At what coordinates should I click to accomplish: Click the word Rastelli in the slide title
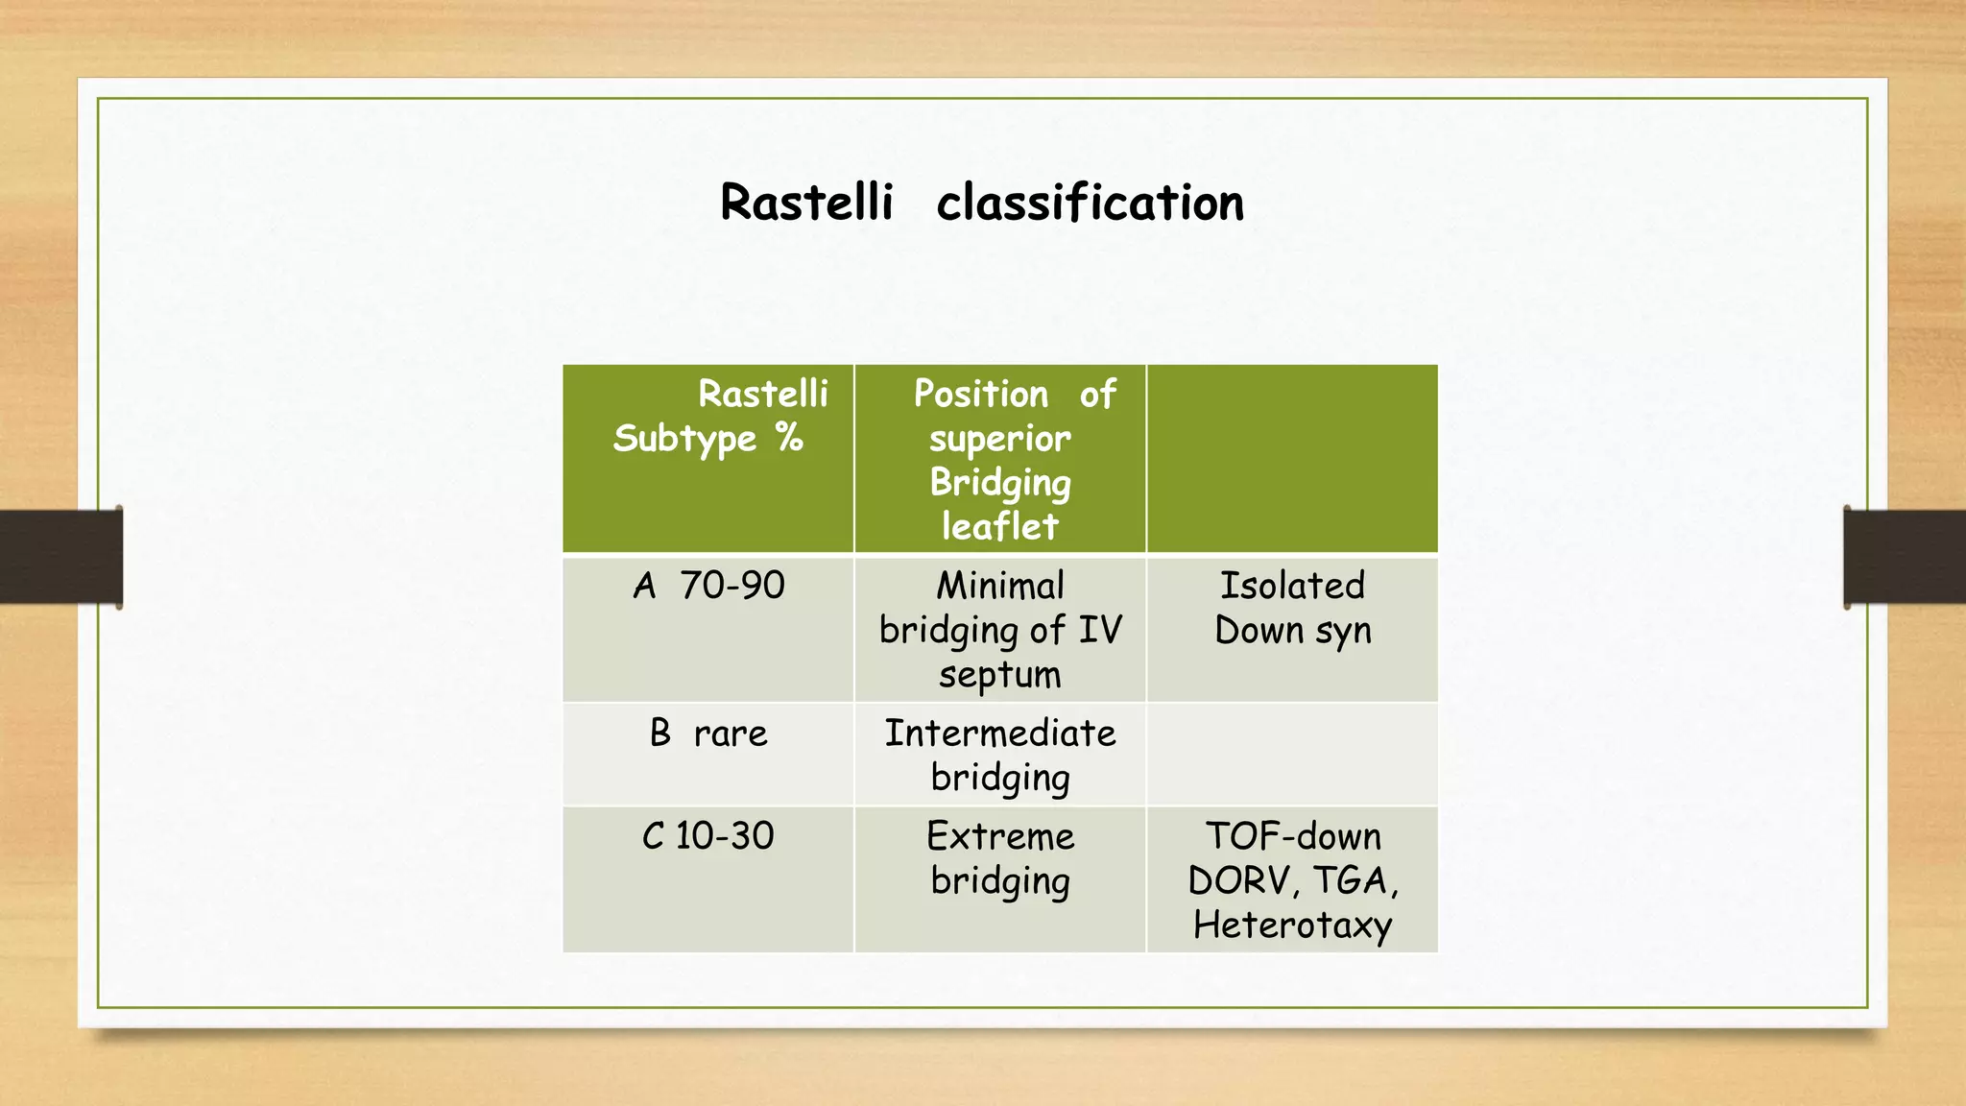[x=806, y=203]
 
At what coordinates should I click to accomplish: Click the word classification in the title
[x=1090, y=203]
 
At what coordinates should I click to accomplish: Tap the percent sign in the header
[x=790, y=438]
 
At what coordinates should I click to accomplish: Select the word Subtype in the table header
[x=685, y=439]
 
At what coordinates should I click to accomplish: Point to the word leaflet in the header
[x=999, y=526]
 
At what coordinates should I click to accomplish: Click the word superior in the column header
[x=999, y=439]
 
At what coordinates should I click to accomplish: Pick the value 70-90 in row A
[x=732, y=585]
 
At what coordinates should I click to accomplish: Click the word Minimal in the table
[x=1000, y=585]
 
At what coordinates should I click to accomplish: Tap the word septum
[x=999, y=675]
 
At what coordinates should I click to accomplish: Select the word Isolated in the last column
[x=1292, y=585]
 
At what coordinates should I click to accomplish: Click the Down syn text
[x=1292, y=631]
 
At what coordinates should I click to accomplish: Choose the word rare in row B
[x=731, y=733]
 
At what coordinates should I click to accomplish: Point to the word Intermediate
[x=999, y=733]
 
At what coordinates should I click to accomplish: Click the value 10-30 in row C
[x=725, y=836]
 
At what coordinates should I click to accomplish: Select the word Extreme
[x=999, y=836]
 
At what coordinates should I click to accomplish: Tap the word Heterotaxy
[x=1292, y=926]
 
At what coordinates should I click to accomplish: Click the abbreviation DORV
[x=1241, y=880]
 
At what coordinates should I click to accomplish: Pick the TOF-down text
[x=1292, y=836]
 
